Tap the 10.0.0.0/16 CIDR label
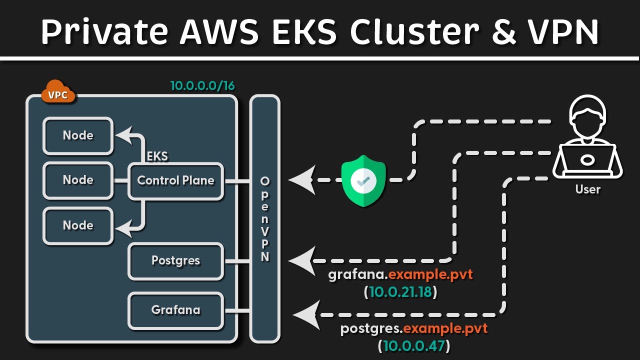click(202, 86)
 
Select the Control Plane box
click(175, 181)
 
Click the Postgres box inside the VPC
click(175, 261)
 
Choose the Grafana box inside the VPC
click(175, 310)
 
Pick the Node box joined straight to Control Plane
click(78, 180)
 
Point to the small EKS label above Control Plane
click(157, 156)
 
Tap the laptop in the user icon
click(587, 159)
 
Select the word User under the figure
click(587, 189)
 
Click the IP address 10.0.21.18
click(400, 292)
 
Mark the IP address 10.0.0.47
click(413, 345)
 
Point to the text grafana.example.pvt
click(400, 275)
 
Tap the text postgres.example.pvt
click(413, 329)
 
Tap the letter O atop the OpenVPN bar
click(265, 180)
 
